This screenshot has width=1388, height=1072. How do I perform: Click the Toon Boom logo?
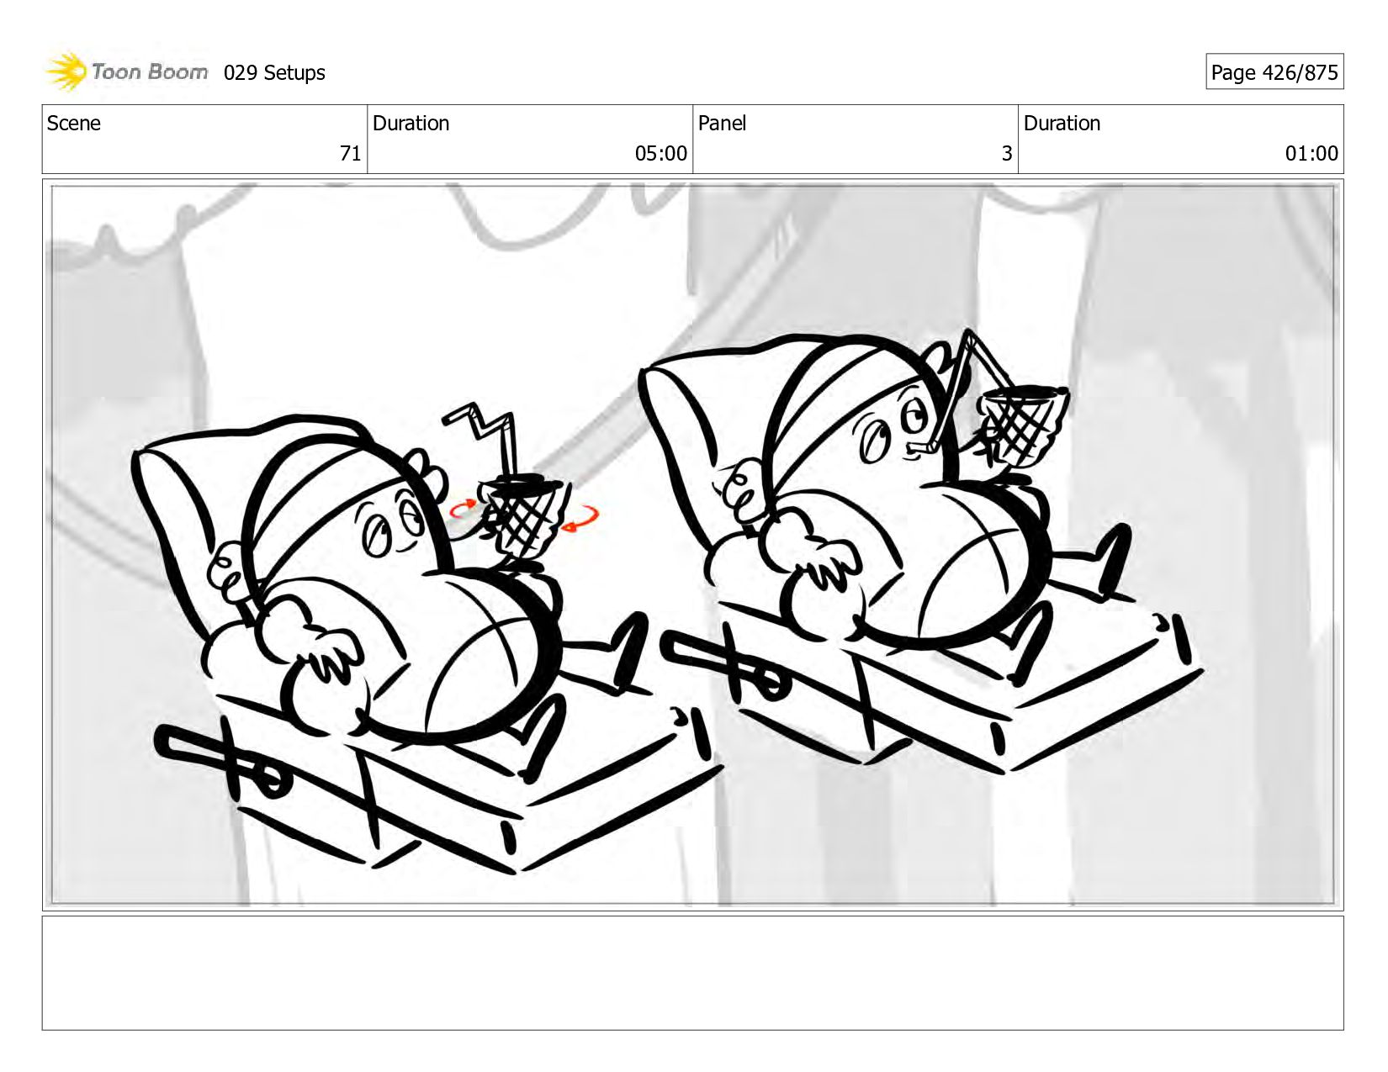126,71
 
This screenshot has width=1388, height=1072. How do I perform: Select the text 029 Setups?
274,73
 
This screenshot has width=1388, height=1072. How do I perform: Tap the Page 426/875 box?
1274,71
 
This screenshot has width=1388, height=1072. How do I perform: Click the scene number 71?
350,153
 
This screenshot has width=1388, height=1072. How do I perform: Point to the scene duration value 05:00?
660,153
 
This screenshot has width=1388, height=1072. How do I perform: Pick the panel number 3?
1007,153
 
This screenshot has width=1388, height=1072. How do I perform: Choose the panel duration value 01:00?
1311,153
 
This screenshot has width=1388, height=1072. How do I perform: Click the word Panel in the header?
722,123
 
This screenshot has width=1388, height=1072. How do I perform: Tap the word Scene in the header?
73,123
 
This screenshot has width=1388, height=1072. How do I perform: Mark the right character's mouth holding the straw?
919,448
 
